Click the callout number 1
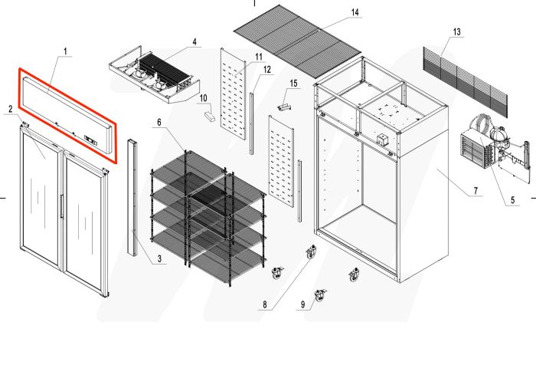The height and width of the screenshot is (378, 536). [x=66, y=52]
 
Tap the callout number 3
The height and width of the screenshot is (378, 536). [x=160, y=261]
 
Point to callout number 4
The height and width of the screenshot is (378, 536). [x=194, y=41]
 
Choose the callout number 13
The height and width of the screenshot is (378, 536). [x=457, y=32]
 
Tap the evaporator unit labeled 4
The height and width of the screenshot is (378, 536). [x=157, y=74]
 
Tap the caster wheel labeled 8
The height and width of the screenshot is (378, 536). [x=311, y=252]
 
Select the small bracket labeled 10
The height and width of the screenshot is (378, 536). [x=209, y=117]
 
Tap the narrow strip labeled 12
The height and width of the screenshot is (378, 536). [x=251, y=123]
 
